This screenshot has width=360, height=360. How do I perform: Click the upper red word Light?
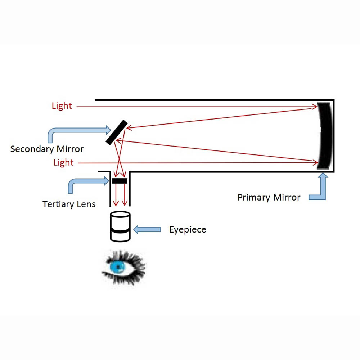click(62, 106)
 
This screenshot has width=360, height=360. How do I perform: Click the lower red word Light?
click(63, 162)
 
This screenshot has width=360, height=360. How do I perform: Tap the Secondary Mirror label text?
click(47, 149)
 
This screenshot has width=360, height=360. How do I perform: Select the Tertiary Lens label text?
click(69, 204)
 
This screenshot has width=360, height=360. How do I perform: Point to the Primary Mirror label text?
click(269, 197)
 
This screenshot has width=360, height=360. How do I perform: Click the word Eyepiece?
click(188, 230)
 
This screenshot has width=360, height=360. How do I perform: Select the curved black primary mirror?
click(323, 135)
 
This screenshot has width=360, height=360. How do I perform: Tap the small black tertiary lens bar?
click(120, 181)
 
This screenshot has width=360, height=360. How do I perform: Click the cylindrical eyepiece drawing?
click(120, 227)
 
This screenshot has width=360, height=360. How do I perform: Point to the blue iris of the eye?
click(117, 266)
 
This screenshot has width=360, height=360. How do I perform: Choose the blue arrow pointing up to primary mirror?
click(320, 189)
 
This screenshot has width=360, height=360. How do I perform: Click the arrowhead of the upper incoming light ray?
click(315, 106)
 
